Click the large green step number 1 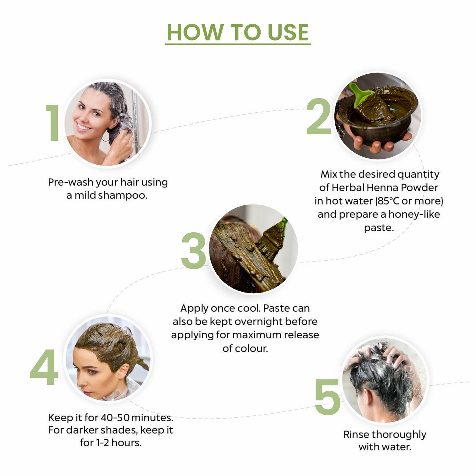click(x=52, y=123)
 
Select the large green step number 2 click(x=319, y=116)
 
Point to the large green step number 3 click(x=194, y=250)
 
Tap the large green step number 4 click(x=44, y=367)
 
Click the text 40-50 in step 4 click(x=115, y=418)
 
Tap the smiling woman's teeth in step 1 click(x=83, y=127)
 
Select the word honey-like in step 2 click(x=414, y=214)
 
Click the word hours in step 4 click(x=126, y=443)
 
